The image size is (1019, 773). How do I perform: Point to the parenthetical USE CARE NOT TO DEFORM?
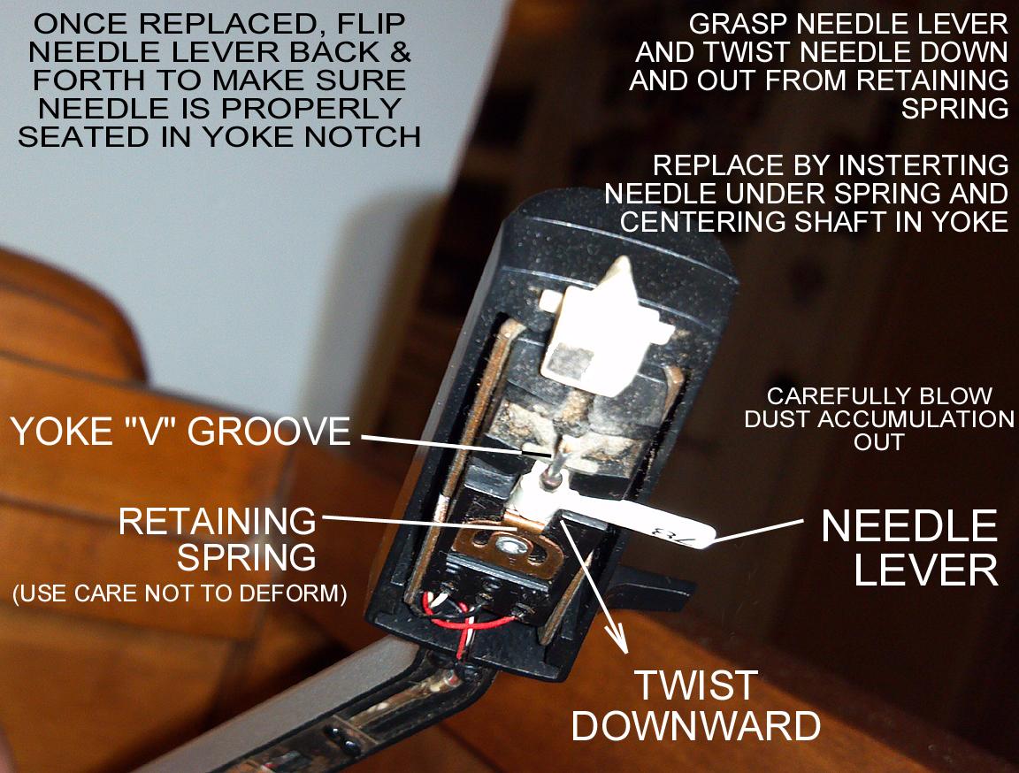pos(179,593)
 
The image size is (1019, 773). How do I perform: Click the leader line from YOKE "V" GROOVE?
pos(442,442)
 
